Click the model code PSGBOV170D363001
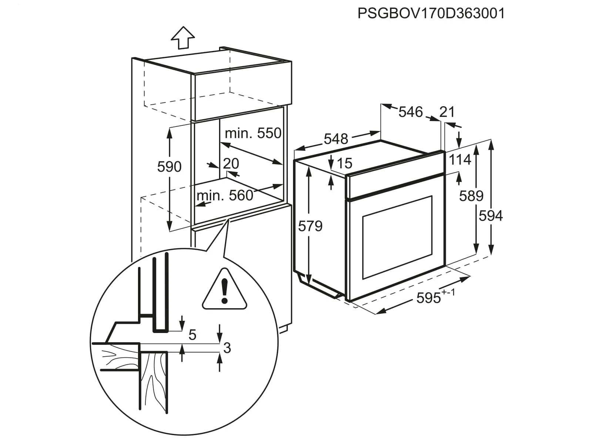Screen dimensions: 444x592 (x=431, y=13)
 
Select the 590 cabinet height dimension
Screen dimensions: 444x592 (x=169, y=167)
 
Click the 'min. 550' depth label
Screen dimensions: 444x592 (x=253, y=133)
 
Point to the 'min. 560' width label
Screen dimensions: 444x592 (x=225, y=195)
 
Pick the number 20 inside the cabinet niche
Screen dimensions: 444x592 (x=231, y=163)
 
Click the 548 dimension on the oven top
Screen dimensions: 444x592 (x=336, y=139)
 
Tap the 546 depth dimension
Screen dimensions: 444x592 (x=410, y=112)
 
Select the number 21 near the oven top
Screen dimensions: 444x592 (x=447, y=112)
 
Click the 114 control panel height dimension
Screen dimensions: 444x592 (x=460, y=160)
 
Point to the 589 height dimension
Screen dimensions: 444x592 (x=471, y=196)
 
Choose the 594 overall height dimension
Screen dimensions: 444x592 (x=491, y=216)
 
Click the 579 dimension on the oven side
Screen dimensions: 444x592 (x=310, y=226)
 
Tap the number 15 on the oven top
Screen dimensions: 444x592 (x=344, y=163)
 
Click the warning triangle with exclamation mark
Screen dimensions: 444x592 (x=224, y=290)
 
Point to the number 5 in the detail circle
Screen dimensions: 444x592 (x=192, y=335)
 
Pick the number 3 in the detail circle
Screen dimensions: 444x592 (x=227, y=348)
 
